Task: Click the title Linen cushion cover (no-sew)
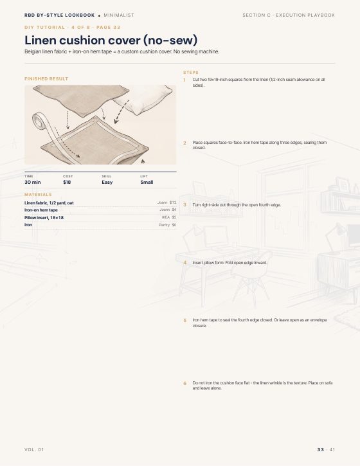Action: pyautogui.click(x=111, y=40)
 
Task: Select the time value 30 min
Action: pyautogui.click(x=32, y=182)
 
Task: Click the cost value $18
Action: pyautogui.click(x=67, y=182)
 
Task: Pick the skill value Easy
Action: pyautogui.click(x=107, y=182)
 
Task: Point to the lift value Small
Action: pyautogui.click(x=147, y=182)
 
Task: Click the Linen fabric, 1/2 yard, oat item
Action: pyautogui.click(x=49, y=202)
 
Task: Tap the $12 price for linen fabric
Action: pyautogui.click(x=173, y=202)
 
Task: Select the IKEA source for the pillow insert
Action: pyautogui.click(x=166, y=217)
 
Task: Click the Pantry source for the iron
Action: pyautogui.click(x=164, y=225)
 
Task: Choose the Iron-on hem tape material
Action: pyautogui.click(x=41, y=210)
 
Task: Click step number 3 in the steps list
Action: pyautogui.click(x=184, y=205)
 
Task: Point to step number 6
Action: pyautogui.click(x=184, y=383)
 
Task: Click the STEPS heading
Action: pyautogui.click(x=191, y=73)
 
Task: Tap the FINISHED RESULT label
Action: pyautogui.click(x=46, y=79)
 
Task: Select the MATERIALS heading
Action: pyautogui.click(x=38, y=194)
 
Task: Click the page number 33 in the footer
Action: pyautogui.click(x=320, y=450)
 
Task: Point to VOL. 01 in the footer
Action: pyautogui.click(x=34, y=450)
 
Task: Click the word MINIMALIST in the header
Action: pyautogui.click(x=119, y=15)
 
